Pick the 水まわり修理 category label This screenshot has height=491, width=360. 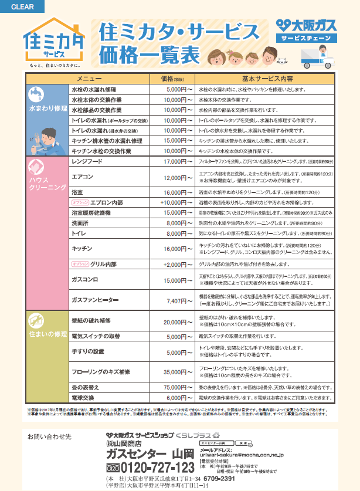47,109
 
